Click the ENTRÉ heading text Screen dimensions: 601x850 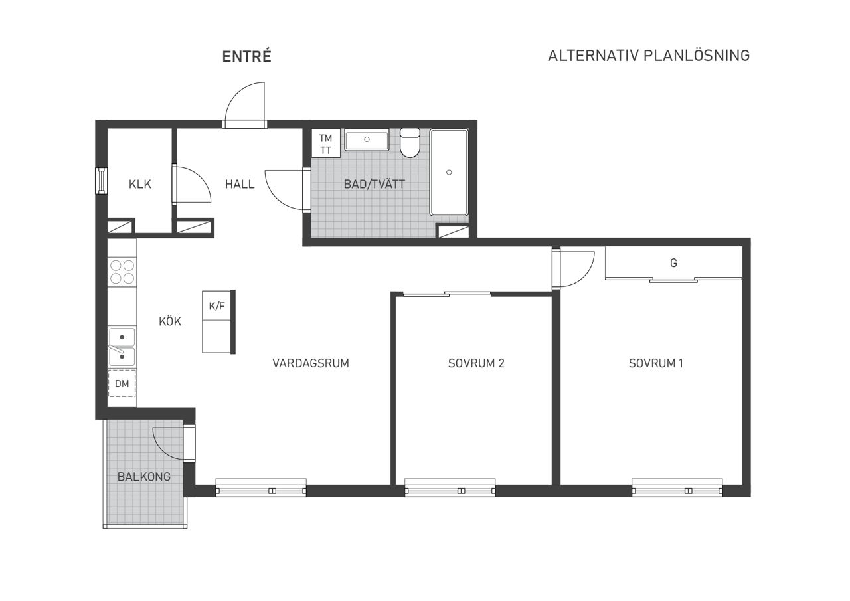point(246,57)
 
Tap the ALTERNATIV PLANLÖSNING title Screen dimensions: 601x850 point(648,56)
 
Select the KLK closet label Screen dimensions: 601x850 point(140,184)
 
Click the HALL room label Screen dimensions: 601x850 point(239,184)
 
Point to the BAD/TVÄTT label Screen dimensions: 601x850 point(374,184)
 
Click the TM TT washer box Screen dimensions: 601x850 point(325,144)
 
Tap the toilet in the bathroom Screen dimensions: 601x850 point(410,143)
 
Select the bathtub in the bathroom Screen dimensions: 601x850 point(449,172)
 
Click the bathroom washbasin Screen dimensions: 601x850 point(367,139)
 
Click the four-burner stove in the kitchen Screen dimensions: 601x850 point(122,272)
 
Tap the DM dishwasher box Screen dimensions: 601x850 point(122,384)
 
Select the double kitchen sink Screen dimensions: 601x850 point(122,347)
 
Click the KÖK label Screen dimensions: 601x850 point(170,321)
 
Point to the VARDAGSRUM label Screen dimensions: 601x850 point(310,363)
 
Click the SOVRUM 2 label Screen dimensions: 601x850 point(476,363)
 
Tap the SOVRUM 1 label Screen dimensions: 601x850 point(655,363)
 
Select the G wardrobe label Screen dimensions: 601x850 point(673,263)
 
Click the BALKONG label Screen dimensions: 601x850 point(144,477)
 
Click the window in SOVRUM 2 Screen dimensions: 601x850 point(450,490)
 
